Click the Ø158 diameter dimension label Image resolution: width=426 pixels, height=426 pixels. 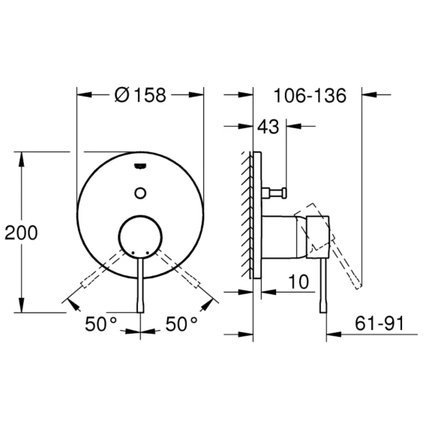point(140,95)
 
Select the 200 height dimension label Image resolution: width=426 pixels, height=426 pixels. point(21,232)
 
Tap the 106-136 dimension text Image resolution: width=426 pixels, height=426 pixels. point(310,96)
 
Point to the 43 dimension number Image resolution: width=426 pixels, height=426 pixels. point(268,127)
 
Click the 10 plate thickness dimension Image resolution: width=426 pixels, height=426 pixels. point(298,282)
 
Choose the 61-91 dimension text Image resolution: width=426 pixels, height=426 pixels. point(379,323)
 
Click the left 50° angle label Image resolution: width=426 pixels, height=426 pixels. point(100,324)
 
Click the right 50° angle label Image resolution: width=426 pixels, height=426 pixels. point(181,324)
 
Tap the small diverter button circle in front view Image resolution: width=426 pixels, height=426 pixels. point(140,193)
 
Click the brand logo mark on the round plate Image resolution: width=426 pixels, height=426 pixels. point(140,166)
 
